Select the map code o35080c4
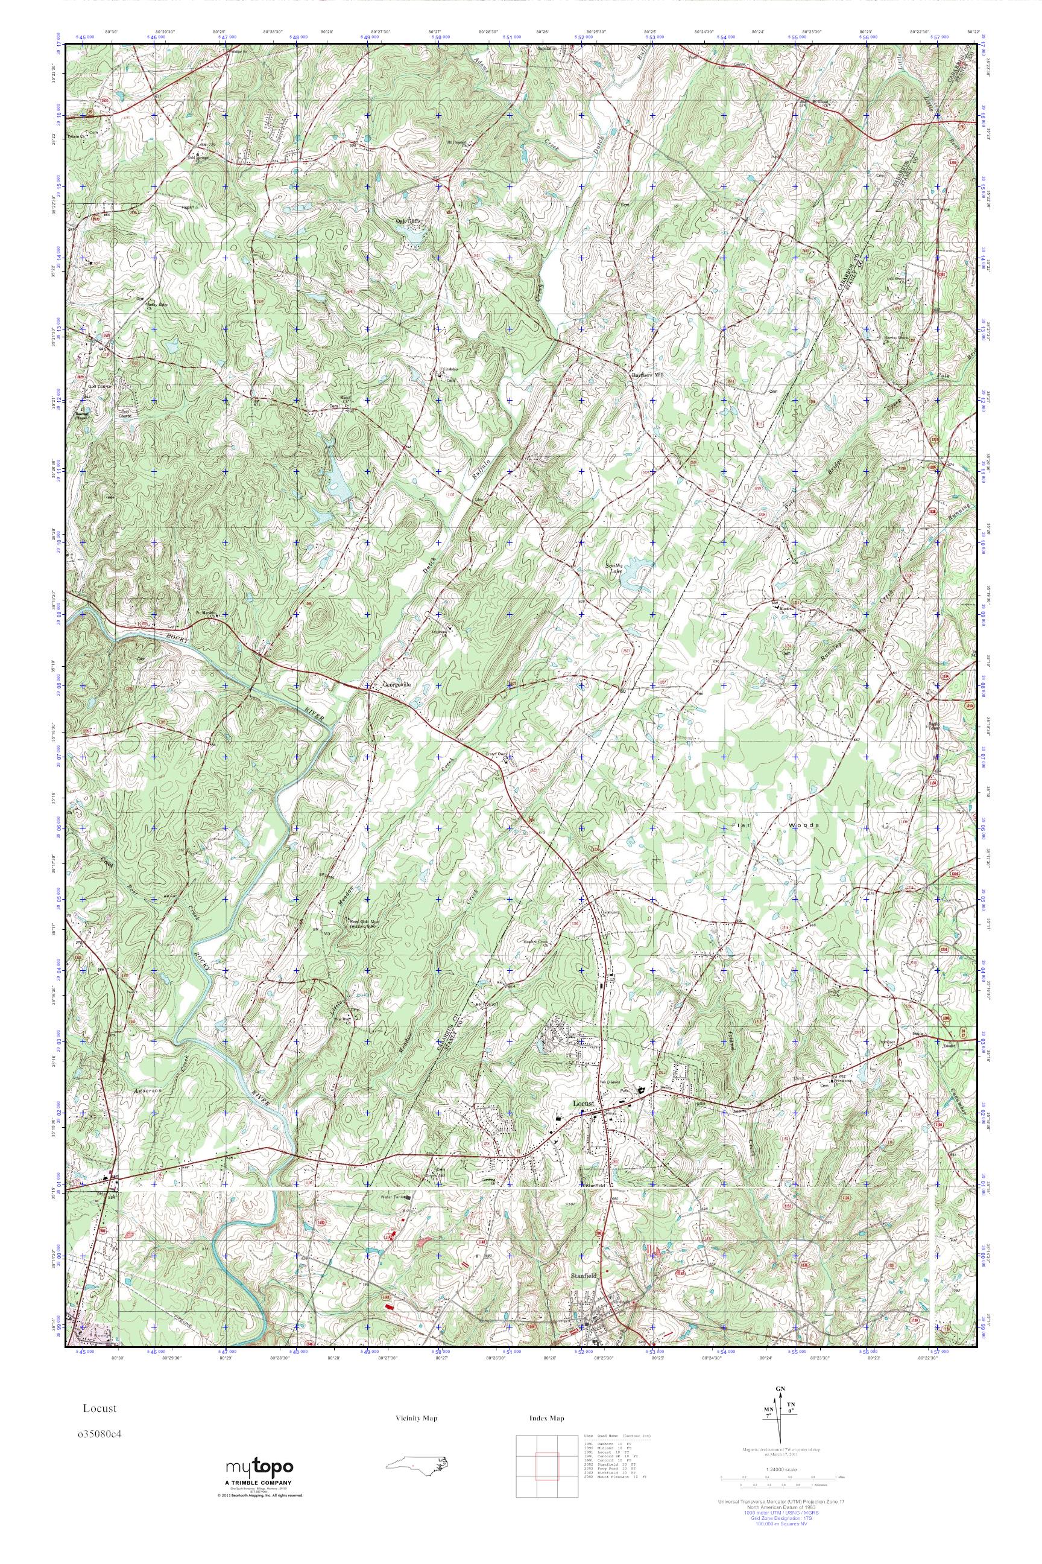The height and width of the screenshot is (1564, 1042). click(x=102, y=1434)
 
